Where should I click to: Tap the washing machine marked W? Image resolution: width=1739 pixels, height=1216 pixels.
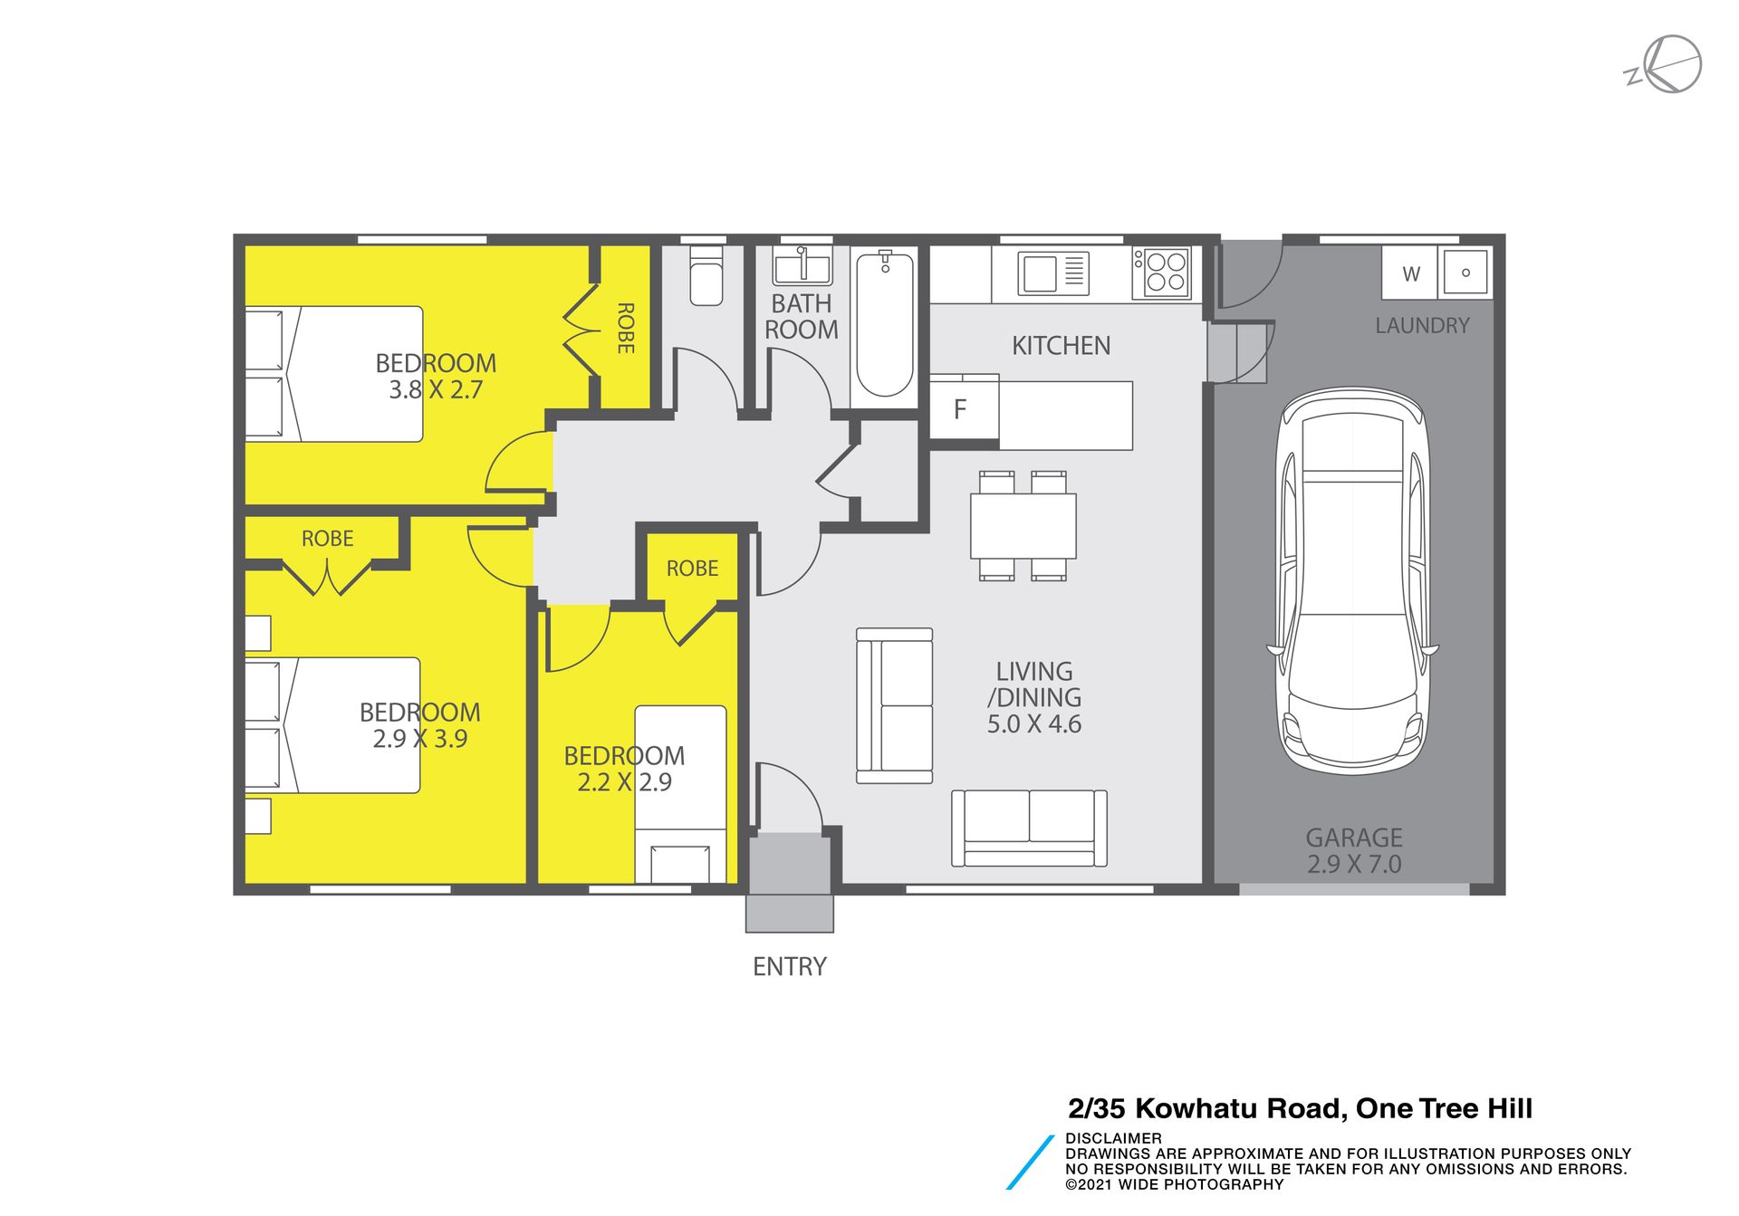[1410, 273]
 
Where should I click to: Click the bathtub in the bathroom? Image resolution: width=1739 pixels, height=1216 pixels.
[885, 324]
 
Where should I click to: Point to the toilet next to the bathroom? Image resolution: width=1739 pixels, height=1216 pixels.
[706, 275]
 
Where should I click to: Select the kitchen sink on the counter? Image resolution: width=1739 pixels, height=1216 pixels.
[1053, 273]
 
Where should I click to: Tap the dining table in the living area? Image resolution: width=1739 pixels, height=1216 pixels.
[1023, 525]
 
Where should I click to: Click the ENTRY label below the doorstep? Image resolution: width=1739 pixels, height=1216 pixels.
[790, 967]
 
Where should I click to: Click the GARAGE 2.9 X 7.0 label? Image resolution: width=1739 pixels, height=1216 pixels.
[1354, 851]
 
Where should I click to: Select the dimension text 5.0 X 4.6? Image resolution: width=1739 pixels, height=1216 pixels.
[1034, 724]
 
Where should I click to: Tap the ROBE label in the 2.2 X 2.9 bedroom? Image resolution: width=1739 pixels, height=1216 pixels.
[692, 569]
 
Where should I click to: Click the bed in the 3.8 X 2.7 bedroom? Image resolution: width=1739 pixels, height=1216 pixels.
[334, 374]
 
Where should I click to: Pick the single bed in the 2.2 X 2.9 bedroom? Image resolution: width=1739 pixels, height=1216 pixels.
[680, 794]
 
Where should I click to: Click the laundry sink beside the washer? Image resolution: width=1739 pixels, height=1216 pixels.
[1465, 272]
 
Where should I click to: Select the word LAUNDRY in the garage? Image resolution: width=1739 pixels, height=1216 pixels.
[1422, 326]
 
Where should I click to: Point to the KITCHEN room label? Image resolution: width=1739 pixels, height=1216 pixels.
[1061, 346]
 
